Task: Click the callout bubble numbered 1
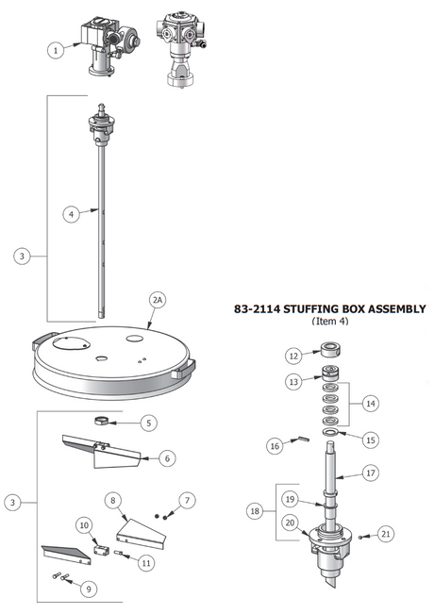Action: click(57, 50)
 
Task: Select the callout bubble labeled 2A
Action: click(158, 300)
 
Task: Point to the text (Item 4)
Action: click(329, 322)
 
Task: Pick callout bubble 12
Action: click(293, 356)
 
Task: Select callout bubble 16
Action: click(275, 445)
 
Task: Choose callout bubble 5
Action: click(149, 423)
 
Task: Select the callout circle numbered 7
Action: click(186, 499)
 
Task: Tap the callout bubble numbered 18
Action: click(256, 510)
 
